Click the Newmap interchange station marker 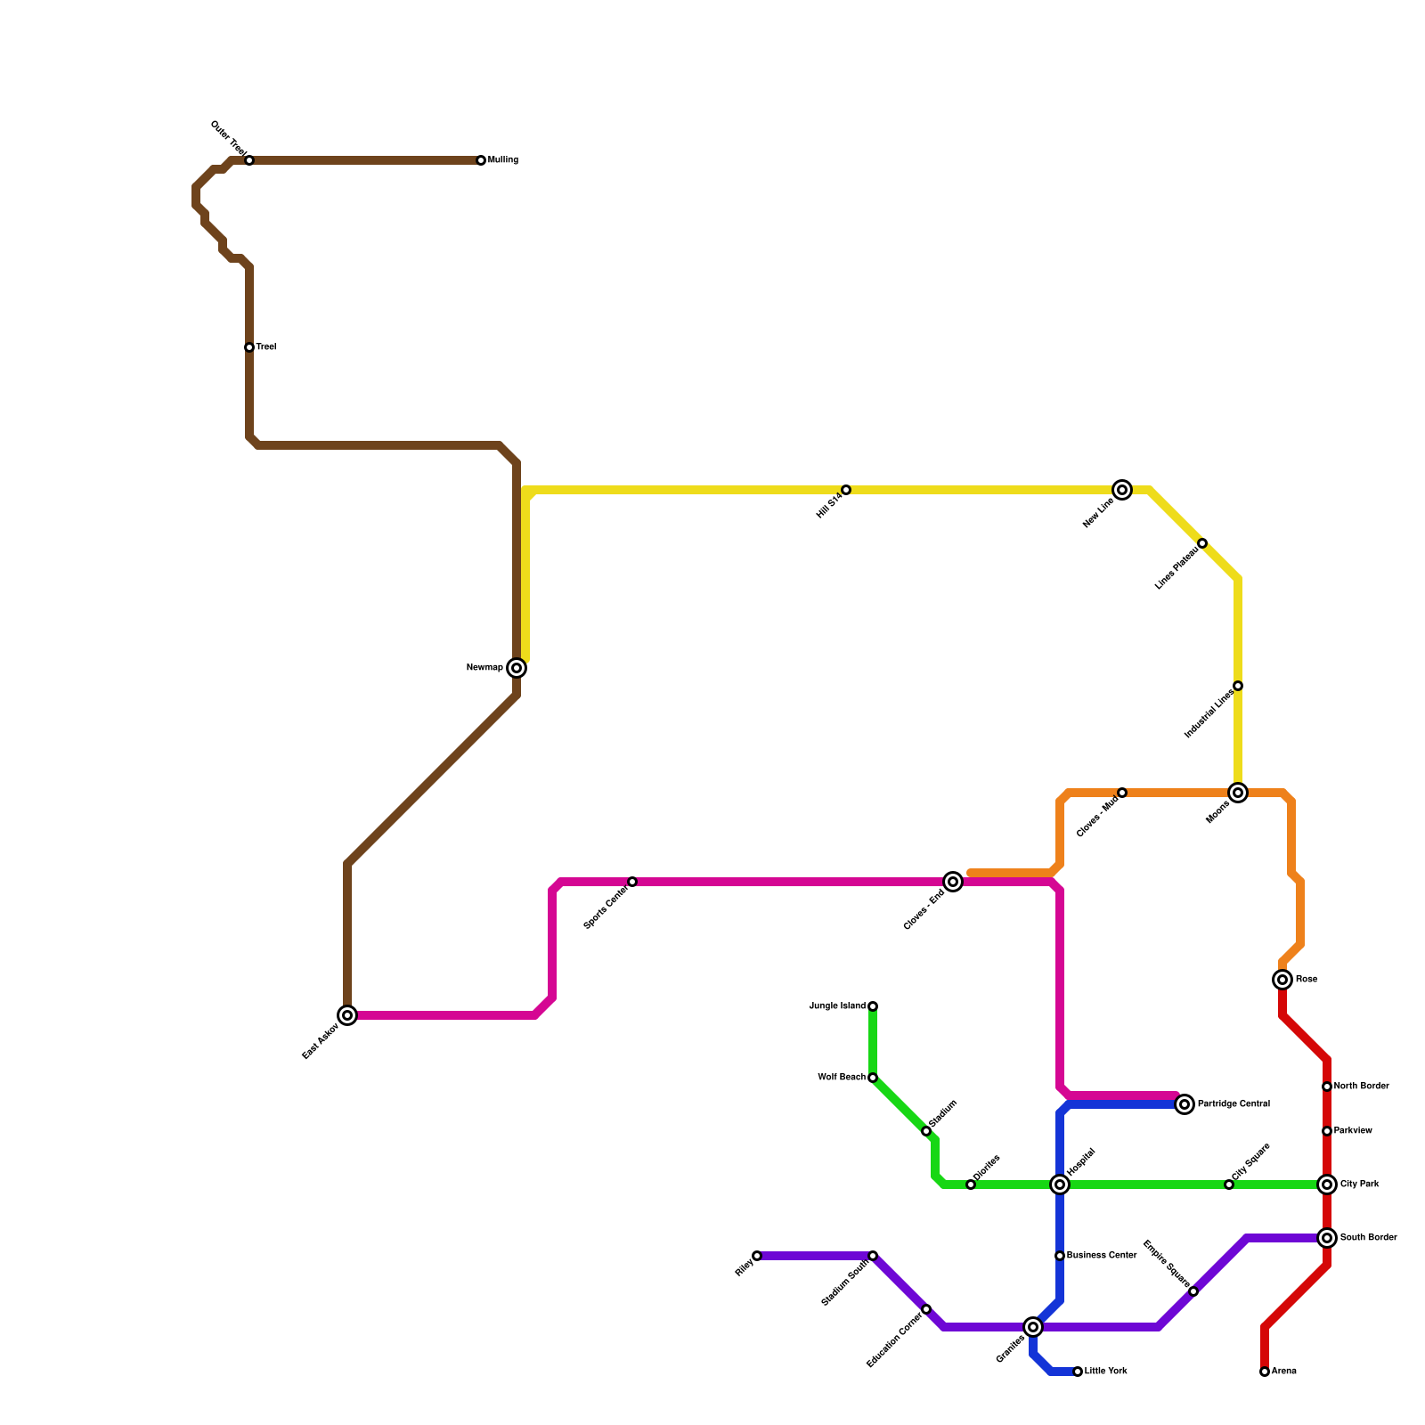[517, 668]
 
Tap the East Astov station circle [347, 1015]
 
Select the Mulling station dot [481, 160]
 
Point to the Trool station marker [249, 347]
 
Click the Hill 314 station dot [846, 490]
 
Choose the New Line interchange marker [1122, 490]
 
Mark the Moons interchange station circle [1238, 793]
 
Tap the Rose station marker [1282, 980]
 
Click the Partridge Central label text [1234, 1104]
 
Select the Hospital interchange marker [1060, 1185]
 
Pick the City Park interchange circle [1327, 1185]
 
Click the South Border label [1368, 1238]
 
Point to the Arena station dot [1265, 1372]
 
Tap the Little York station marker [1078, 1372]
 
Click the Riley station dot [757, 1256]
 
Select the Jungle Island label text [837, 1006]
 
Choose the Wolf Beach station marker [873, 1078]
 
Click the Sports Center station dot [632, 882]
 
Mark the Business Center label [1102, 1256]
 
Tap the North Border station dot [1327, 1087]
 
